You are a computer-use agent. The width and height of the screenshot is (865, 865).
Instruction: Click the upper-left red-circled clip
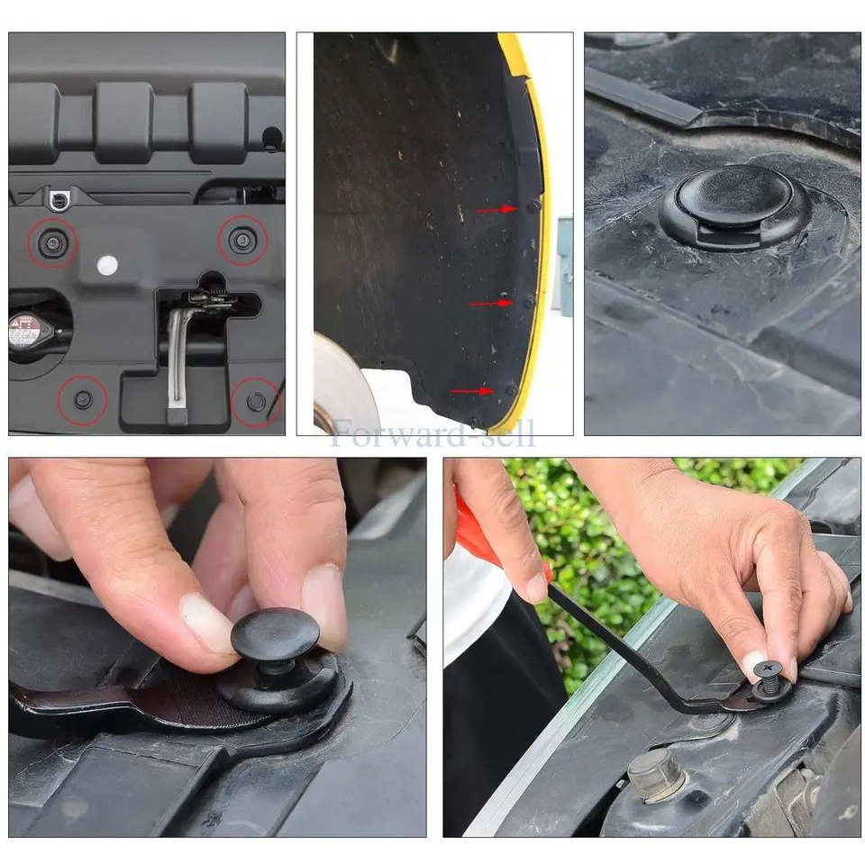click(x=51, y=241)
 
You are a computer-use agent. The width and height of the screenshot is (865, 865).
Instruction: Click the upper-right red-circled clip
click(x=241, y=240)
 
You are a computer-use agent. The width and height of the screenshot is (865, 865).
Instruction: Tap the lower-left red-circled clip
click(x=83, y=399)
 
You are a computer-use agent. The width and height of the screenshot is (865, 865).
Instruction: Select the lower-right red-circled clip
click(x=256, y=401)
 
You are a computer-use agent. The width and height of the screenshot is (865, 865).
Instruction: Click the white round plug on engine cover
click(x=107, y=265)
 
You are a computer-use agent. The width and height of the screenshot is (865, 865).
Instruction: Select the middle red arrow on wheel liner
click(x=489, y=303)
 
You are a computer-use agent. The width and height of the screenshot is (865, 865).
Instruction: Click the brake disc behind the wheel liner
click(x=342, y=383)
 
